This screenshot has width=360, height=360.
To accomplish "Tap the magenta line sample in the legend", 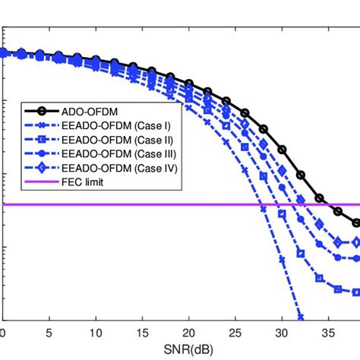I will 27,182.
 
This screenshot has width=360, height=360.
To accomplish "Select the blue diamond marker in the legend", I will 27,168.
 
